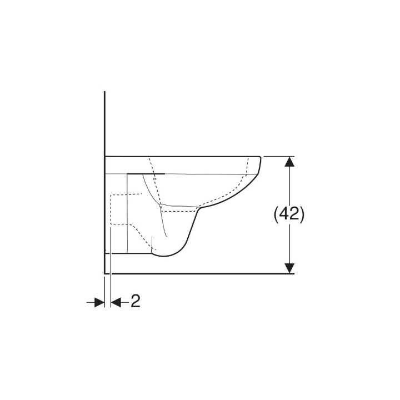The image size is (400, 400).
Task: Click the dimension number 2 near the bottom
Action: (x=135, y=302)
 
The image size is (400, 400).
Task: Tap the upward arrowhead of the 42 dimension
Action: (x=289, y=162)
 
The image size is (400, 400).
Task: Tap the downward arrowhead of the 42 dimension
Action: (x=289, y=268)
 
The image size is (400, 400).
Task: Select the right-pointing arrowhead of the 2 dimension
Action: (x=100, y=302)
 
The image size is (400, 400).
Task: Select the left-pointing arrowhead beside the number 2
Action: (x=117, y=302)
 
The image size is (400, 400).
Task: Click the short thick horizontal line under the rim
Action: (x=147, y=173)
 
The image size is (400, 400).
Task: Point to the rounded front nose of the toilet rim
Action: (x=259, y=167)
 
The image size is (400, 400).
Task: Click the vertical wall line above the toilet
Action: (x=104, y=122)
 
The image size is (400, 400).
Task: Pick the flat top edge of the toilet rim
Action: (x=183, y=156)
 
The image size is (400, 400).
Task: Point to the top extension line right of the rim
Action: (x=278, y=156)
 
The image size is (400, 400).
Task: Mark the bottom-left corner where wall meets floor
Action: (x=104, y=273)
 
